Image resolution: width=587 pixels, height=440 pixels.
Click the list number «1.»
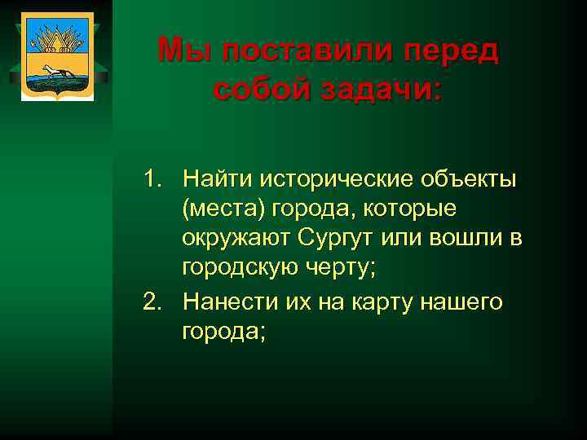(155, 178)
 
